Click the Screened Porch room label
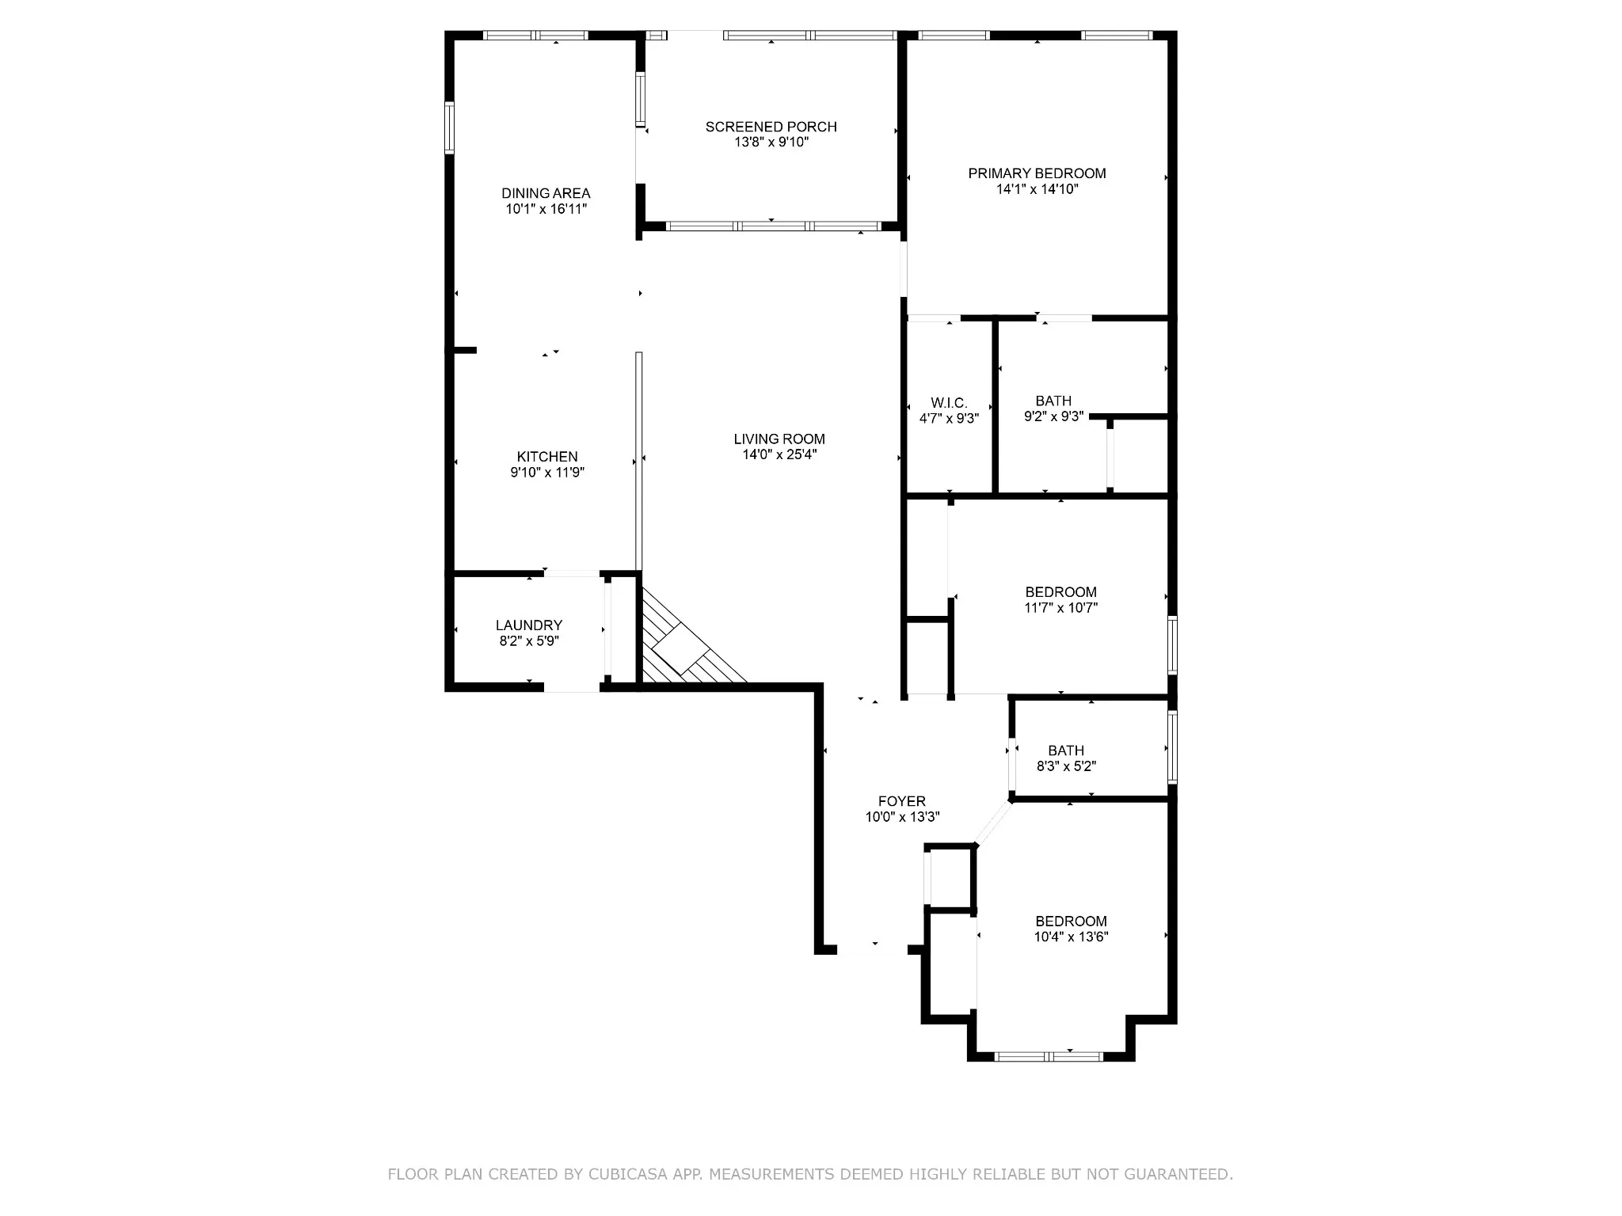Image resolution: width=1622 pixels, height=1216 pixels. pyautogui.click(x=771, y=127)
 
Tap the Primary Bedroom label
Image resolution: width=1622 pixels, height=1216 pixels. pyautogui.click(x=1037, y=173)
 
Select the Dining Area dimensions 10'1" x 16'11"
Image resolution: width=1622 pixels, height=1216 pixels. pyautogui.click(x=546, y=209)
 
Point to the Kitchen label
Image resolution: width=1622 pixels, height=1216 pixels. pyautogui.click(x=547, y=457)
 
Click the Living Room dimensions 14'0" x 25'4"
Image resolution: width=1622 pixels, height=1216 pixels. pyautogui.click(x=779, y=454)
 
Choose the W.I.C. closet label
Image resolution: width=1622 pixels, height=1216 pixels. pyautogui.click(x=949, y=404)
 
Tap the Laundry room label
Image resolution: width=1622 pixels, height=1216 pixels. pyautogui.click(x=529, y=625)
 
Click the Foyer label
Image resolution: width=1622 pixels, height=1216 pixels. pyautogui.click(x=902, y=801)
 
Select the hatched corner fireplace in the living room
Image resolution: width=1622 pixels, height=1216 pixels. pyautogui.click(x=681, y=645)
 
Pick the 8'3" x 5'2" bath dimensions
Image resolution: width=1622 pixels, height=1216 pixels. pyautogui.click(x=1066, y=766)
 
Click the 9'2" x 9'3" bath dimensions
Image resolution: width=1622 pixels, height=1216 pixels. pyautogui.click(x=1053, y=416)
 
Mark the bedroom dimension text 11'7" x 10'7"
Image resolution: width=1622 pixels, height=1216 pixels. pyautogui.click(x=1060, y=608)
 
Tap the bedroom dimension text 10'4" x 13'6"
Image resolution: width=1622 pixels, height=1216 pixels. pyautogui.click(x=1071, y=937)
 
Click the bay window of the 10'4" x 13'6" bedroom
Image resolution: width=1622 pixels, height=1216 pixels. pyautogui.click(x=1049, y=1056)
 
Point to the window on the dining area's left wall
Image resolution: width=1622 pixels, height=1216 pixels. pyautogui.click(x=449, y=127)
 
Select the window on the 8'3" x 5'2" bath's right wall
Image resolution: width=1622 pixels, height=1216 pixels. pyautogui.click(x=1173, y=747)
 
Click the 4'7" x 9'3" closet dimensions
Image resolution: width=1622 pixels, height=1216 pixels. pyautogui.click(x=949, y=419)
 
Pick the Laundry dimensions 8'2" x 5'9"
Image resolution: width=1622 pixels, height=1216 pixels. pyautogui.click(x=529, y=641)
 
